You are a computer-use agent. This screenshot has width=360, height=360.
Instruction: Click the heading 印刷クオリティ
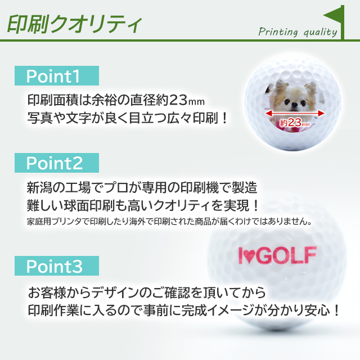tap(73, 24)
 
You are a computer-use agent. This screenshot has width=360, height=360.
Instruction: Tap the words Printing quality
tap(298, 32)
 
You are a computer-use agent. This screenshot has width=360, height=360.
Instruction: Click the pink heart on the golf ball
tap(252, 256)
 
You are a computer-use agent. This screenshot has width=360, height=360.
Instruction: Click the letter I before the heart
tap(240, 256)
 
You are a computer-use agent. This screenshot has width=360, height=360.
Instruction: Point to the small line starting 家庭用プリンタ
tap(169, 221)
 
